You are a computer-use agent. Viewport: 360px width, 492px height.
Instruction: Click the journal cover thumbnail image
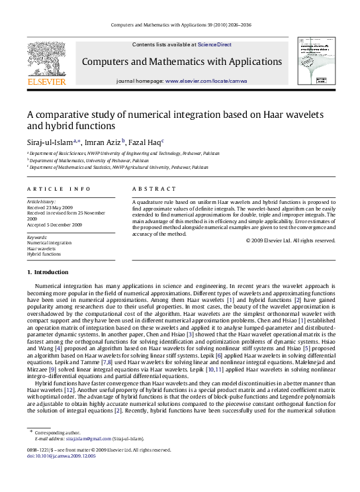coord(313,62)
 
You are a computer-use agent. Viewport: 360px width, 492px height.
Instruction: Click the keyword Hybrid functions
coord(44,254)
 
